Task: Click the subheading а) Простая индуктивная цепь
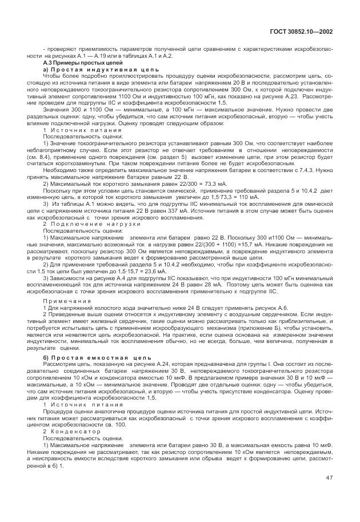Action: click(87, 69)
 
